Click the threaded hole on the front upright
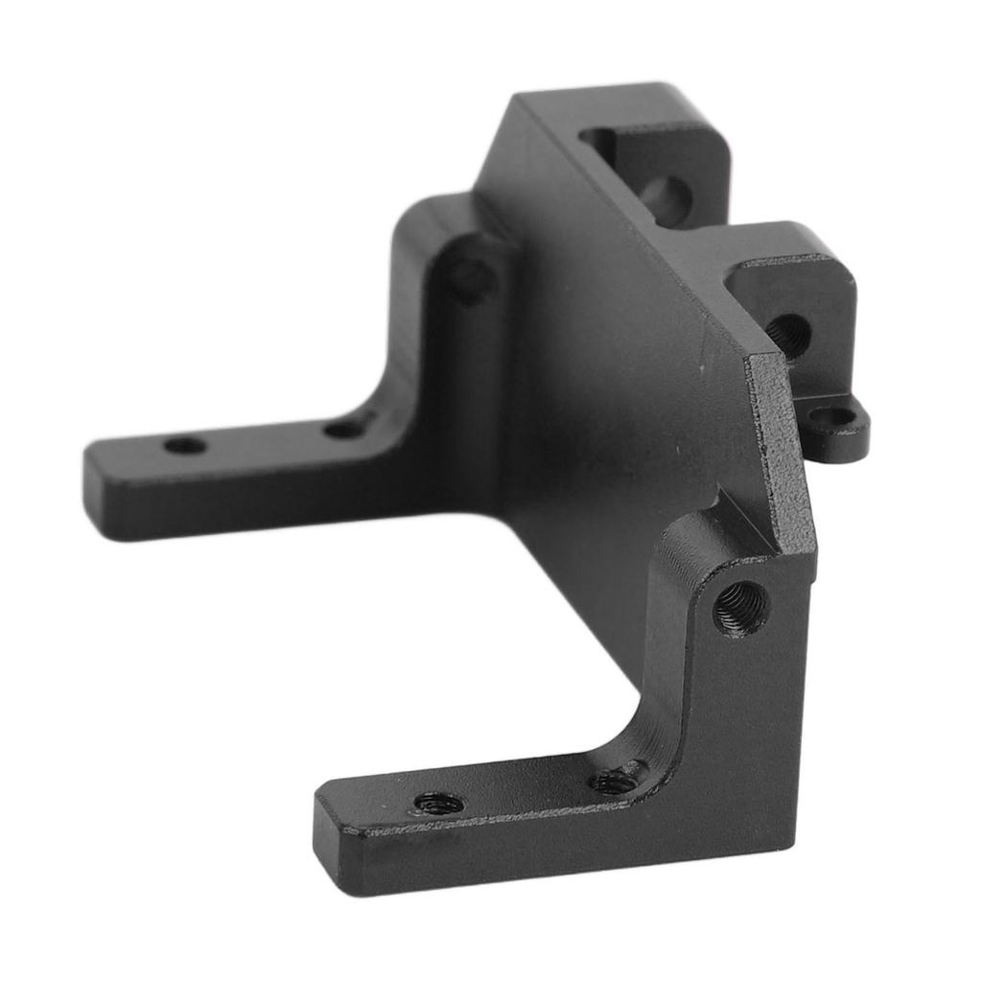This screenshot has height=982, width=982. click(741, 607)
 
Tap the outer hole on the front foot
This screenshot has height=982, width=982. click(438, 802)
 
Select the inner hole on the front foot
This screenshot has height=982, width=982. click(615, 780)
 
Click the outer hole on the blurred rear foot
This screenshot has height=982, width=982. click(185, 445)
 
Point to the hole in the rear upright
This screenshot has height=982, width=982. click(470, 279)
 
